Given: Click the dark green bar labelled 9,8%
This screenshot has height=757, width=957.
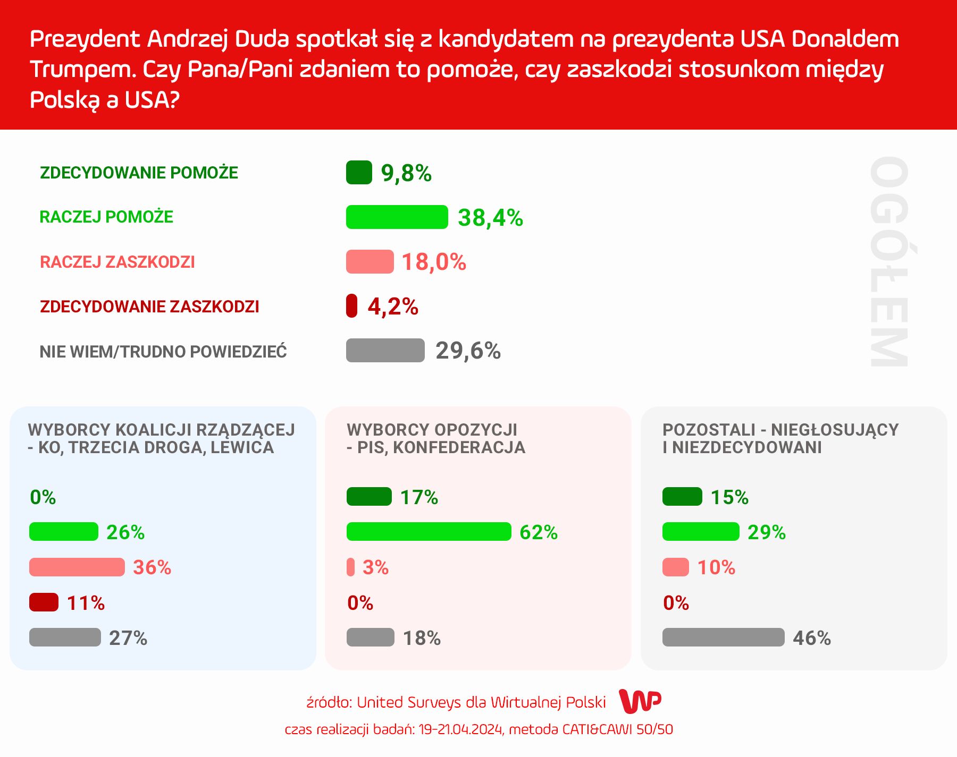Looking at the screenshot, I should (359, 173).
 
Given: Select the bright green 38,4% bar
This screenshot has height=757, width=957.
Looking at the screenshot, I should (397, 217).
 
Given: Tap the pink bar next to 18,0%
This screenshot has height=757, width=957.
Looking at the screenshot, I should (370, 262).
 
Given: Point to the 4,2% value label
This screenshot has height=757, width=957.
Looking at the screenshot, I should (393, 307).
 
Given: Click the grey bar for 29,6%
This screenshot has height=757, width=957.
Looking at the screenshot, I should (385, 351).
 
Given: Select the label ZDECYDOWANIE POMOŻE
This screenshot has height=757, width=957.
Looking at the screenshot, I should (139, 173).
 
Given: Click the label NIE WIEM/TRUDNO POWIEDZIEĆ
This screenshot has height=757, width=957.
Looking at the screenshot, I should (163, 352).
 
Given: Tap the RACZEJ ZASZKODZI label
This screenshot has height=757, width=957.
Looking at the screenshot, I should (117, 262).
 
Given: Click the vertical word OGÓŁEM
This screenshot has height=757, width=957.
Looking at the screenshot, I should (889, 261).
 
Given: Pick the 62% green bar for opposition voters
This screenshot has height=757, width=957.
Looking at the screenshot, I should (429, 532).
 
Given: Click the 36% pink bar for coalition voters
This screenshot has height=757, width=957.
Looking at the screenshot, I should (77, 567).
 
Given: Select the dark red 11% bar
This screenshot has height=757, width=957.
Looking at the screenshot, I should (44, 602).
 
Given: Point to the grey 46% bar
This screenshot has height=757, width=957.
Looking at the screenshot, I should (723, 637).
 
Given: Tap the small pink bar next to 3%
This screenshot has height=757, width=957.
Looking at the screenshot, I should (350, 567).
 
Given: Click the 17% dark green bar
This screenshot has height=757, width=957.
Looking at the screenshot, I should (369, 497).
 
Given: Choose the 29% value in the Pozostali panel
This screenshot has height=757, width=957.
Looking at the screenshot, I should (766, 532).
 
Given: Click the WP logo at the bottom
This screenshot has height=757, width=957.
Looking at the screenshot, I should (640, 702).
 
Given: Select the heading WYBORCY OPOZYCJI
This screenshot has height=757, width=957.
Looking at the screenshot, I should (432, 429).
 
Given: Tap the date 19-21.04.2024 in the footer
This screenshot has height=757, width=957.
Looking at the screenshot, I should (460, 729).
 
